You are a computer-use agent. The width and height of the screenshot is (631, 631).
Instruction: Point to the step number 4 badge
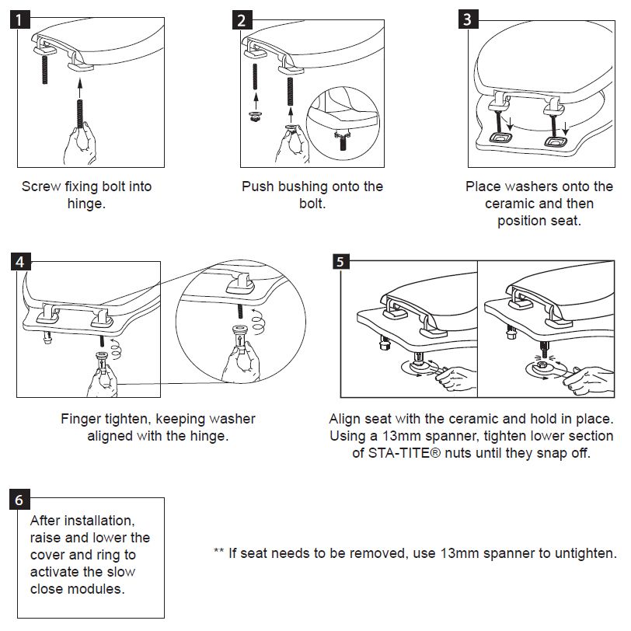(x=24, y=261)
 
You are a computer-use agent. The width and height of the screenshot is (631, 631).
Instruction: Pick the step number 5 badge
(x=340, y=261)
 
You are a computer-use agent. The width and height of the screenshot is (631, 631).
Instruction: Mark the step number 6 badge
(x=24, y=499)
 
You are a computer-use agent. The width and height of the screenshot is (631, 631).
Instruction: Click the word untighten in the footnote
(x=587, y=553)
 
